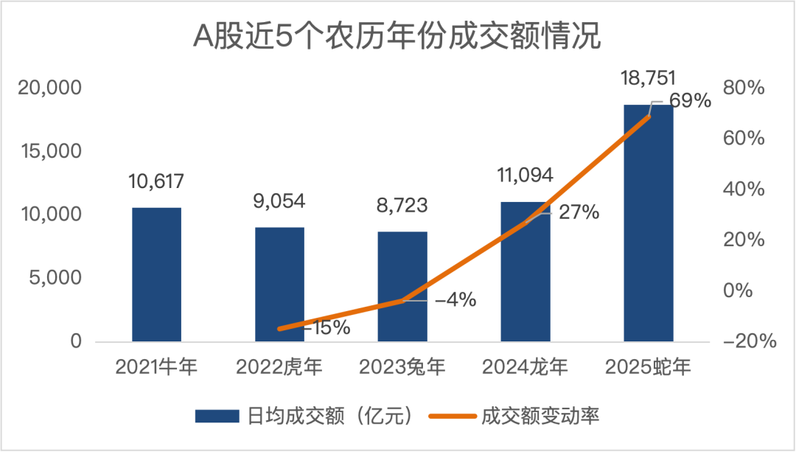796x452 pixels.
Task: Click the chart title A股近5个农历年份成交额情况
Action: coord(397,35)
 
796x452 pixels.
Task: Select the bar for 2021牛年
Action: coord(156,274)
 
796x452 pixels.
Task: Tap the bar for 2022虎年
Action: coord(279,284)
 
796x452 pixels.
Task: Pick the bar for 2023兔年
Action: coord(402,286)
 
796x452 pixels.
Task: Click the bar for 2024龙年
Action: coord(526,271)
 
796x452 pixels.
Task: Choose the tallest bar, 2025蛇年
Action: coord(649,223)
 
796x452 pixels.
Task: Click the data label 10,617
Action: coord(156,181)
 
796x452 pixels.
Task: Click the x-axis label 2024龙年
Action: coord(526,366)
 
